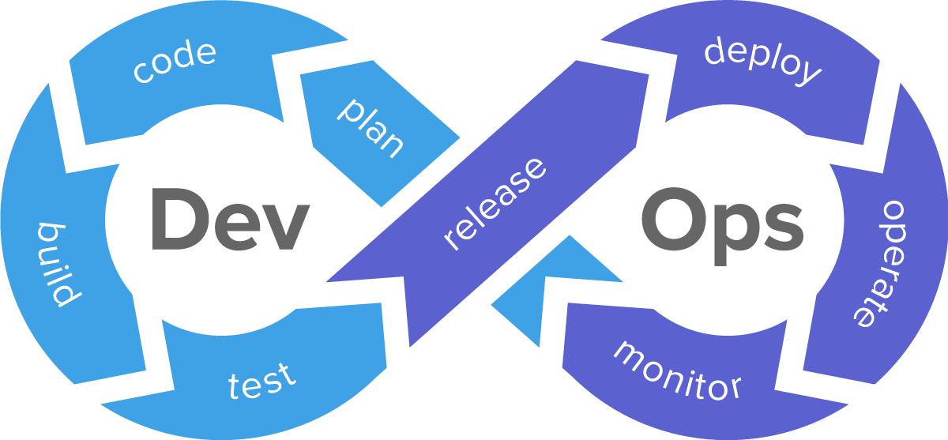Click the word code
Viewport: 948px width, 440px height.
coord(175,61)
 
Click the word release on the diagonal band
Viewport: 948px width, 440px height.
coord(495,203)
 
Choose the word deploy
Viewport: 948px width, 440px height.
coord(762,61)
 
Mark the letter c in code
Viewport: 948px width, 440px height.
coord(142,72)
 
